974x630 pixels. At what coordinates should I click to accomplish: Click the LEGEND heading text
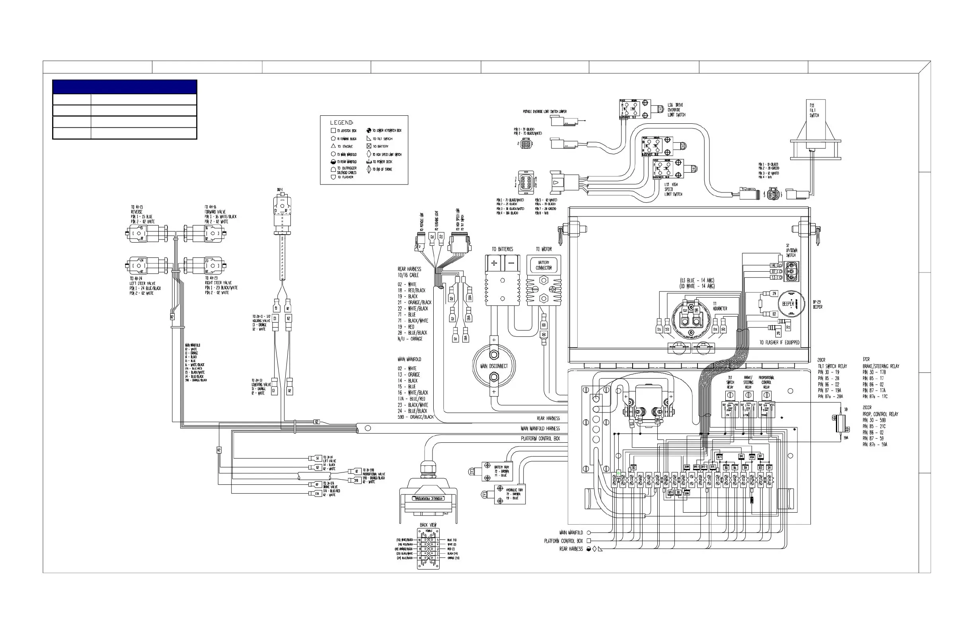[x=341, y=122]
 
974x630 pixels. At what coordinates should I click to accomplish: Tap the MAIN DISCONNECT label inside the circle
[x=493, y=366]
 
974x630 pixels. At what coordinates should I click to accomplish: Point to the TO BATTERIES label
[x=502, y=249]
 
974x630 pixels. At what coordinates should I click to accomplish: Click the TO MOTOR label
[x=544, y=249]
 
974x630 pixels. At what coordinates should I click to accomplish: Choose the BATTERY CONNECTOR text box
[x=543, y=265]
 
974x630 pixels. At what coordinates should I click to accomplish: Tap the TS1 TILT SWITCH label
[x=814, y=111]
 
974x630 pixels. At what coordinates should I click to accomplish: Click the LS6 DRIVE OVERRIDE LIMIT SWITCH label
[x=676, y=110]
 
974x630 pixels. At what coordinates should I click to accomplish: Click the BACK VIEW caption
[x=428, y=525]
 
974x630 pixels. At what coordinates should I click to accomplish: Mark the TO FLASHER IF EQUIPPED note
[x=779, y=342]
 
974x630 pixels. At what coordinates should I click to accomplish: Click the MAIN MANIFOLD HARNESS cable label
[x=540, y=428]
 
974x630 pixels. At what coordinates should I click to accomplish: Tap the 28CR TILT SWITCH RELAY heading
[x=832, y=363]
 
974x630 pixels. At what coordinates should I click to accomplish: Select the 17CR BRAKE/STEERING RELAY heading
[x=880, y=363]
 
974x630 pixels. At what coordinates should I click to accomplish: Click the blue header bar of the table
[x=125, y=87]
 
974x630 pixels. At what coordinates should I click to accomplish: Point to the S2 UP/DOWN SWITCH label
[x=791, y=250]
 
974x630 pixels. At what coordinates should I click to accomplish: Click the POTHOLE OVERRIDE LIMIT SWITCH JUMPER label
[x=544, y=112]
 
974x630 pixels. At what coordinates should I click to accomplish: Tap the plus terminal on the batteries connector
[x=494, y=263]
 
